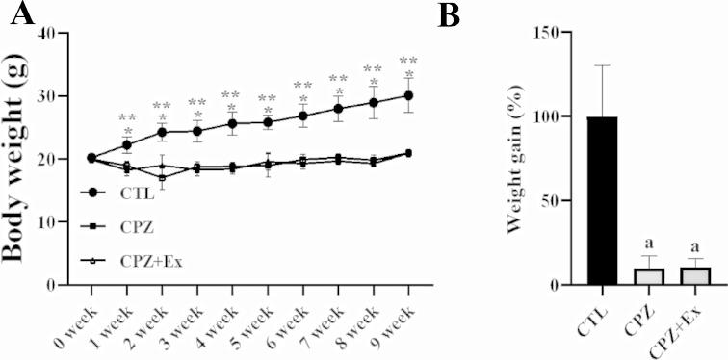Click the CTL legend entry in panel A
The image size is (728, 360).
135,193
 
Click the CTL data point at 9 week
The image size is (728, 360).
408,95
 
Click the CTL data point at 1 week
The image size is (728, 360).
126,144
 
